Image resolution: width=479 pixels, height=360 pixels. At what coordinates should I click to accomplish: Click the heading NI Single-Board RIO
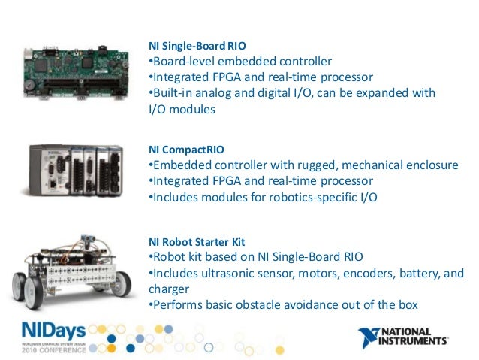click(190, 44)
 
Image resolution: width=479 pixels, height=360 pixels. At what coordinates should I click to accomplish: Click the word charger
click(168, 289)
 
